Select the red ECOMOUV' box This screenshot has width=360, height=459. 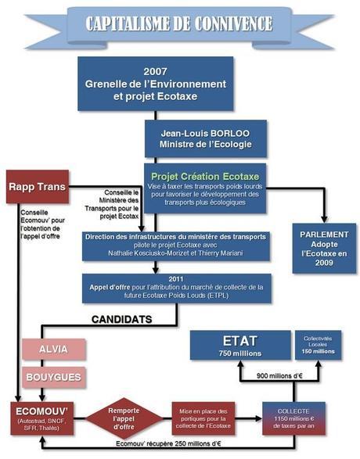[x=45, y=416]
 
